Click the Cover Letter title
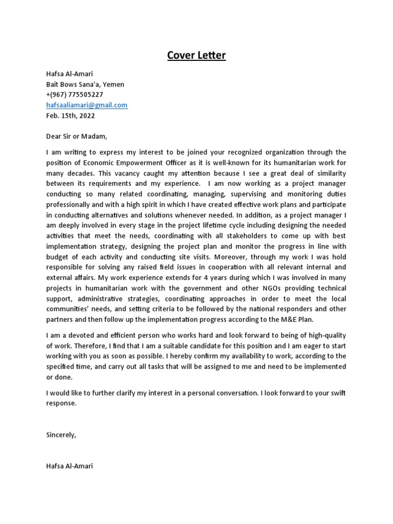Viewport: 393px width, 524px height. (196, 55)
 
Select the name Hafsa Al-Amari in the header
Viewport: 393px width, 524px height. (70, 74)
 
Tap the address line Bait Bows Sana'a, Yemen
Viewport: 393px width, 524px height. (85, 84)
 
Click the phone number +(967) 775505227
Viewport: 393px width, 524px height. (74, 95)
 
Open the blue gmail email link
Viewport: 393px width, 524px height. (86, 105)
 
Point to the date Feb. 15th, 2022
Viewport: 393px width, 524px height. (70, 116)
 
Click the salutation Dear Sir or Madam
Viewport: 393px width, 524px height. (77, 137)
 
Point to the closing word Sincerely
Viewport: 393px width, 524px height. (61, 434)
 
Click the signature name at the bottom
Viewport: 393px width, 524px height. (70, 466)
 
